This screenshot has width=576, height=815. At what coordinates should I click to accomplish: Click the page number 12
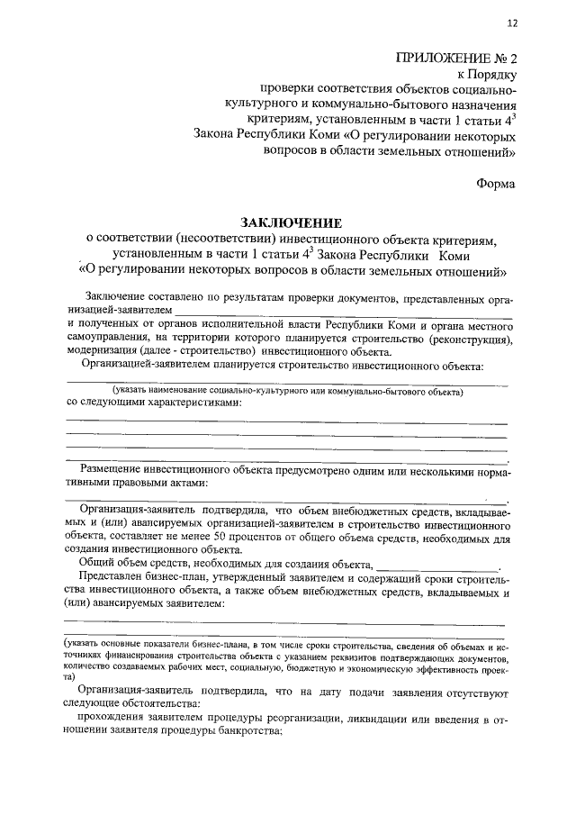click(512, 23)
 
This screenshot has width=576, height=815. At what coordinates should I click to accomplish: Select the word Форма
click(497, 183)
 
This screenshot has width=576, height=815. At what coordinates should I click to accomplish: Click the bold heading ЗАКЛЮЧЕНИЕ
click(291, 222)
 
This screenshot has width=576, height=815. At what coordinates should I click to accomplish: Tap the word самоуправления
click(110, 340)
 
